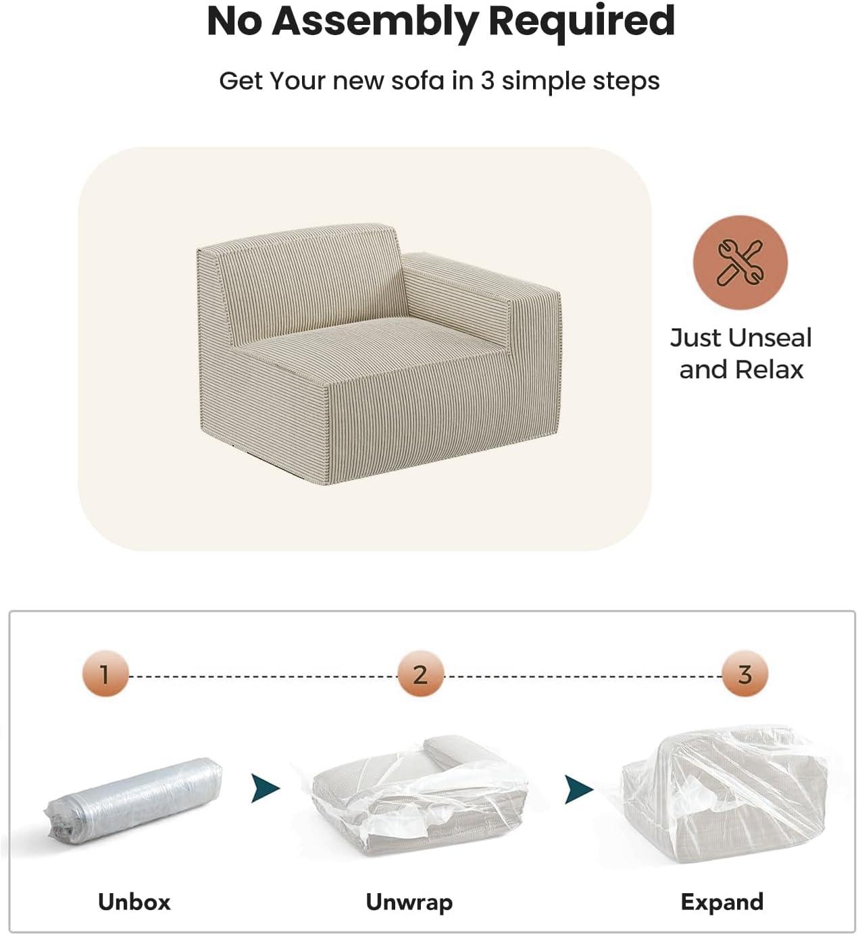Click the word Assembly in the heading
375,22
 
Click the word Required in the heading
581,22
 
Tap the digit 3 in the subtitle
488,80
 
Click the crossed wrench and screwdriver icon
740,262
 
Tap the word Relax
769,370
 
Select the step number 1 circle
105,673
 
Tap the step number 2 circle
420,673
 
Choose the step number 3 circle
745,673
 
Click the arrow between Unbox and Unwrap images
265,789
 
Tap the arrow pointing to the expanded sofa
578,790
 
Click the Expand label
722,903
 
